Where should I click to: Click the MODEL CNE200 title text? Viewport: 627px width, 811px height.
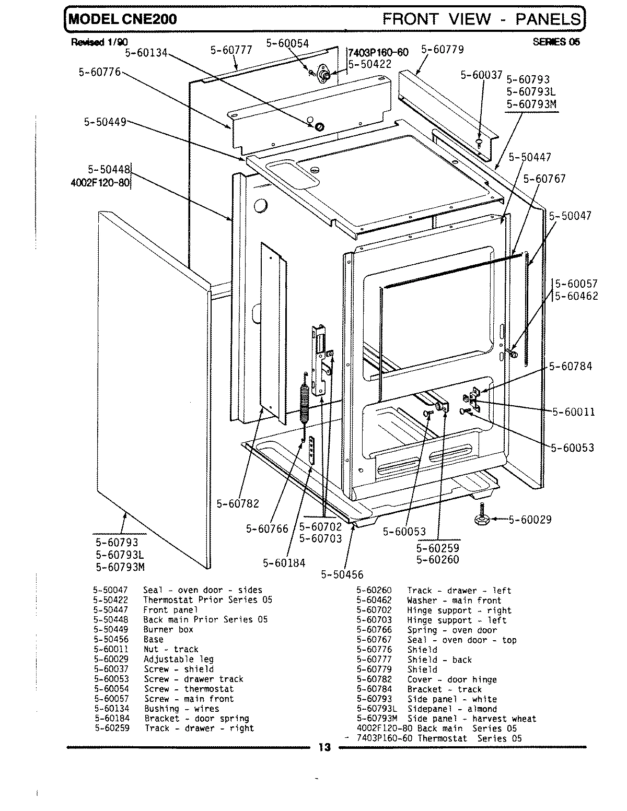(122, 19)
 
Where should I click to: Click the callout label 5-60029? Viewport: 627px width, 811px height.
(529, 520)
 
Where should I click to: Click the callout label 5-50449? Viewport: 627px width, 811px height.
(105, 122)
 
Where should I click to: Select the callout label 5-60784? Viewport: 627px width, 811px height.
(570, 366)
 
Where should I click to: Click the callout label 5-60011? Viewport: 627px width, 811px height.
(573, 412)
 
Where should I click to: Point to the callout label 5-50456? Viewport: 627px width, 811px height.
(342, 574)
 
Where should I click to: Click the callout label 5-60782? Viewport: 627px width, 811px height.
(238, 503)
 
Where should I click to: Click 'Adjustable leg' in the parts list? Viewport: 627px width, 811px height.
(178, 659)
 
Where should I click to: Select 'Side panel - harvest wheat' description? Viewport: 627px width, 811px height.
(471, 719)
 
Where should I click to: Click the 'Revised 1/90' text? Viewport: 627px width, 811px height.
(99, 42)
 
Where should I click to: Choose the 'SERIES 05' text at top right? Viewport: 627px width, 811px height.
(556, 42)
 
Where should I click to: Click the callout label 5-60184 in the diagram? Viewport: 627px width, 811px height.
(284, 563)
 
